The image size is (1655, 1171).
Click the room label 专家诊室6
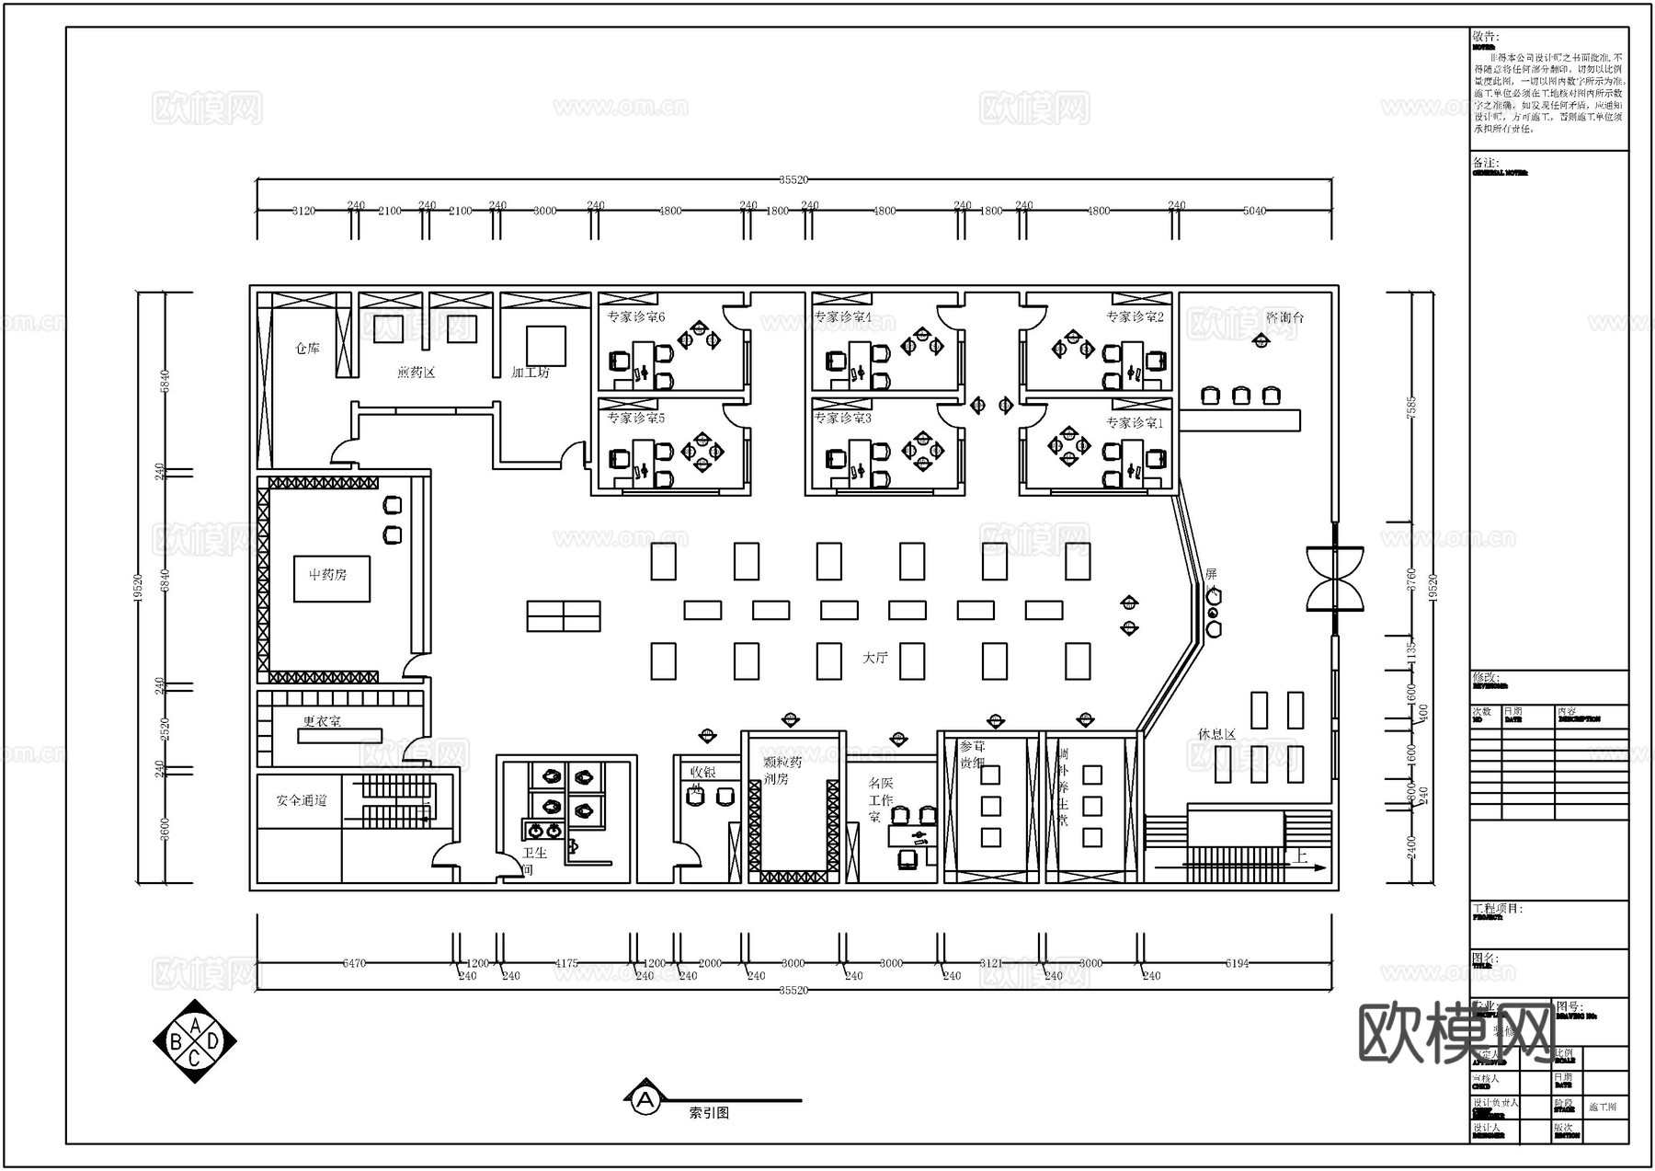point(635,317)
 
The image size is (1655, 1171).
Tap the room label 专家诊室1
point(1134,423)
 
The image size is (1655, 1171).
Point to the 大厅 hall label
point(875,658)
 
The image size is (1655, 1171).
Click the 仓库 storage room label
point(307,349)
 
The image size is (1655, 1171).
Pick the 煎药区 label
point(416,373)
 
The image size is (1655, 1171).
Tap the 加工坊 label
point(530,373)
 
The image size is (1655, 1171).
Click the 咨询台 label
point(1284,317)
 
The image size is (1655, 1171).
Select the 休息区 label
point(1216,734)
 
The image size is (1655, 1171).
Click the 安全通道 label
point(302,800)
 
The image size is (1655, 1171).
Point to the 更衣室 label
point(322,722)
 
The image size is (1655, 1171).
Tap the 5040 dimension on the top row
point(1254,211)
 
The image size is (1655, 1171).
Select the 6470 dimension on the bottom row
point(354,963)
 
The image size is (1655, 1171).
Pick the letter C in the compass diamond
point(195,1060)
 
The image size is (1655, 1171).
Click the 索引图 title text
point(709,1113)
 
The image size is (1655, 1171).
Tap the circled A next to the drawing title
point(645,1098)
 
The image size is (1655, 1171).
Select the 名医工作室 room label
point(881,799)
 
